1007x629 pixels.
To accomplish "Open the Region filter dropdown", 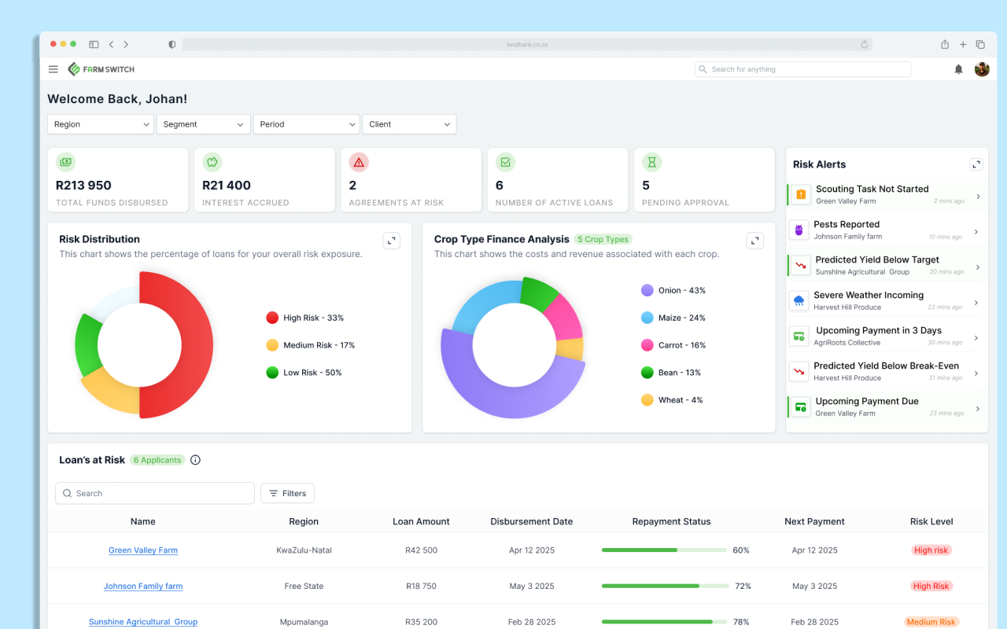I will tap(101, 124).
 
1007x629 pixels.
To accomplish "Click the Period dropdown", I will tap(306, 124).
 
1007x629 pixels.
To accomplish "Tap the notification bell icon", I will tap(958, 69).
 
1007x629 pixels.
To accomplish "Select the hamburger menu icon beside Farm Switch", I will tap(53, 69).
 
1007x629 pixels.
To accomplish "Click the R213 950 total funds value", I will tap(83, 186).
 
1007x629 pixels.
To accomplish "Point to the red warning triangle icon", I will tap(359, 163).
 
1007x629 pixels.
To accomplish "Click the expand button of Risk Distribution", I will tap(392, 241).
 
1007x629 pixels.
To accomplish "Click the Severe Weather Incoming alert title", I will tap(869, 295).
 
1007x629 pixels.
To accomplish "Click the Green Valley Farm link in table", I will tap(143, 550).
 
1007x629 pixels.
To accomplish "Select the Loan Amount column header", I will tap(421, 521).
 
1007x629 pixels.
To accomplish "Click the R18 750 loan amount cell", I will tap(421, 586).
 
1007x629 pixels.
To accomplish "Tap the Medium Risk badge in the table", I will tap(931, 622).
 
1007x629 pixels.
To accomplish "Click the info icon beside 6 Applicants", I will tap(196, 460).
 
